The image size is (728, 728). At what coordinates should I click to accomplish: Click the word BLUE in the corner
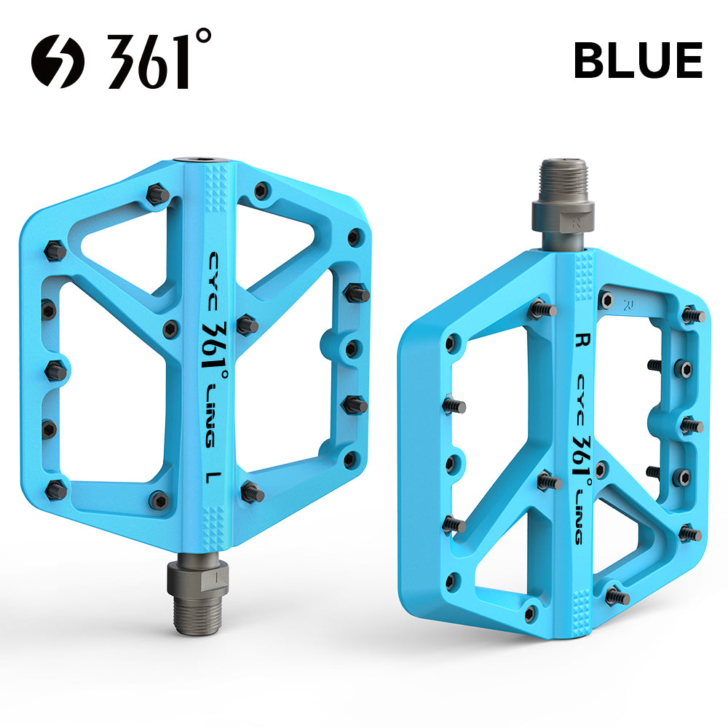[638, 60]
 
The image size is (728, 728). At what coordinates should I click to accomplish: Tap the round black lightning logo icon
[58, 61]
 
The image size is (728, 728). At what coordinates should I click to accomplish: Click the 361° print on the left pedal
[215, 347]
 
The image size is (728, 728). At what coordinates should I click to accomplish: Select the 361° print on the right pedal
[582, 459]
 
